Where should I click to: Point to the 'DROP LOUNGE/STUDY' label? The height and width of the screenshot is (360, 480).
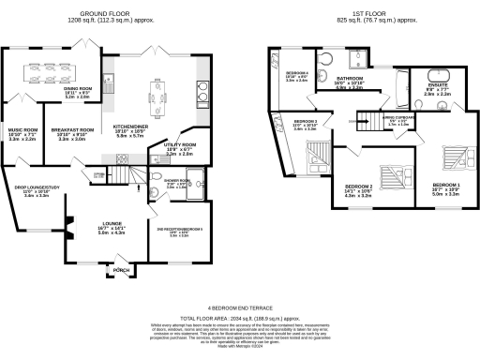[30, 187]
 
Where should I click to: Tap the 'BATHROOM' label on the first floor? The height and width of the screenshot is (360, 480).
[350, 79]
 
